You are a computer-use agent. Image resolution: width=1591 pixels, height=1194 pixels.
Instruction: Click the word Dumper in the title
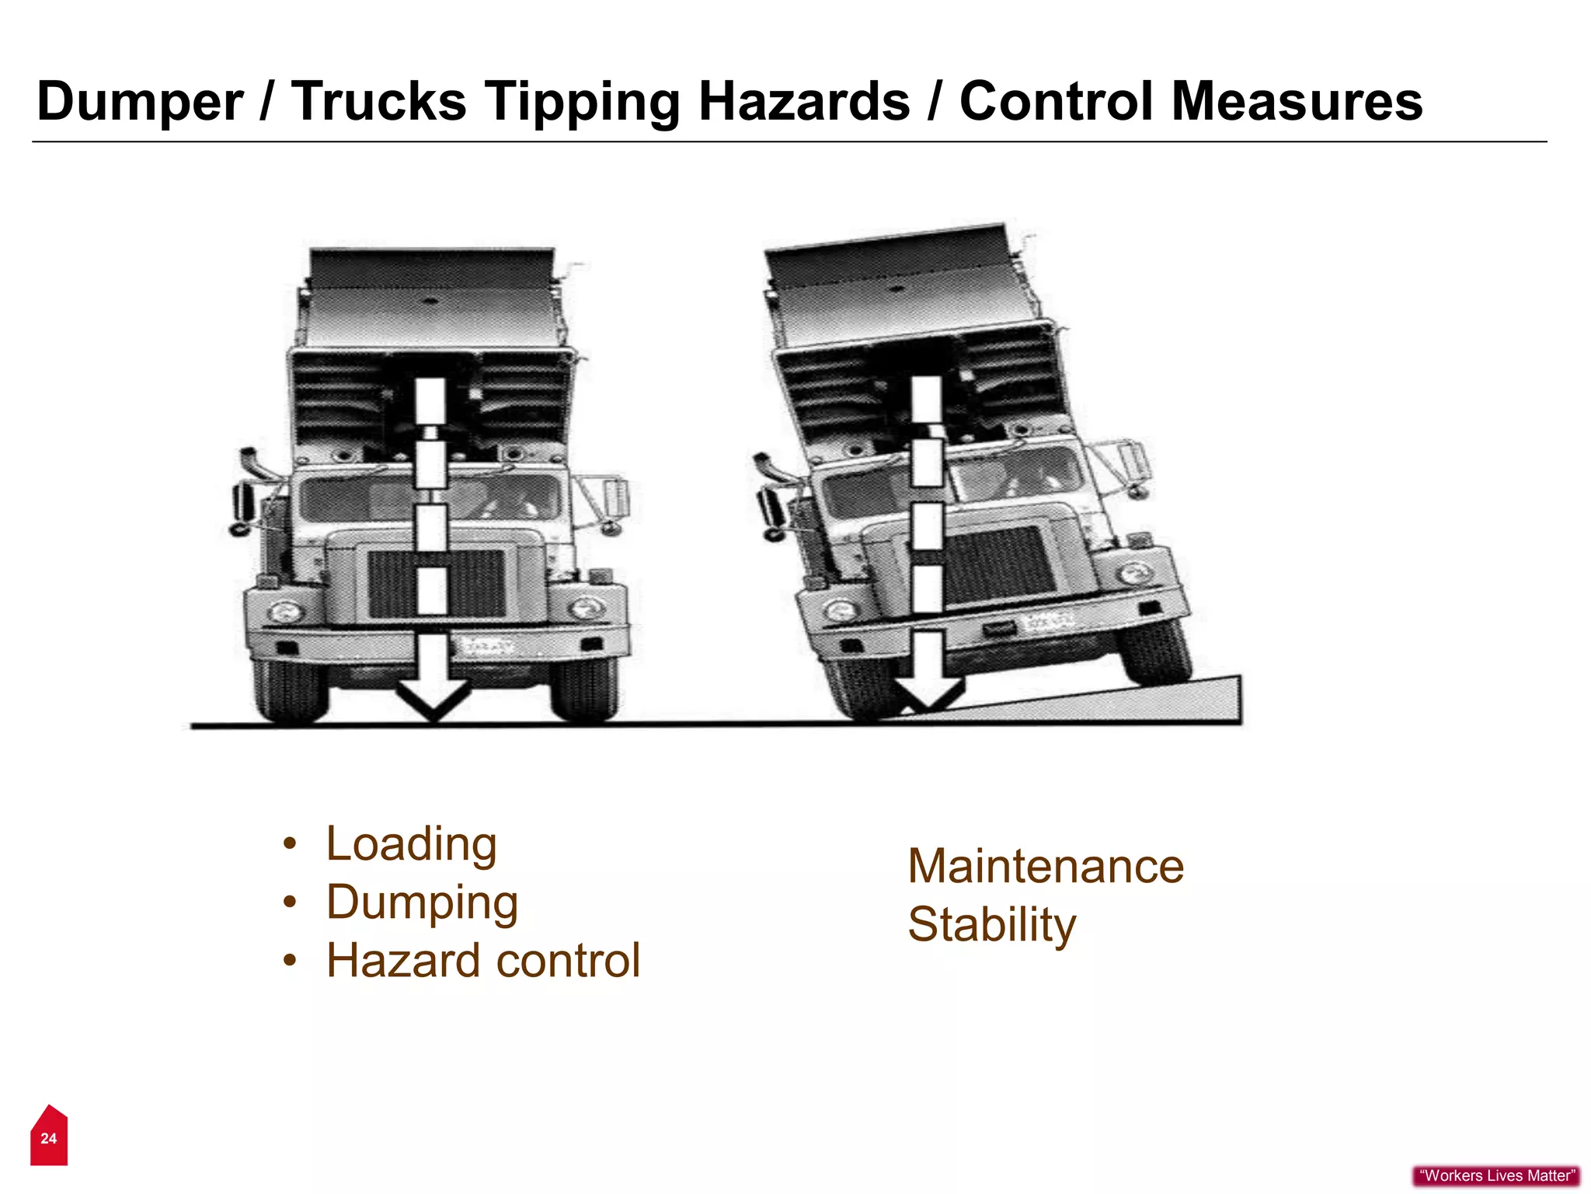[x=140, y=103]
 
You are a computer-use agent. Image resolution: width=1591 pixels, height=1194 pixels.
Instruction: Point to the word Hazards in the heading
[x=803, y=101]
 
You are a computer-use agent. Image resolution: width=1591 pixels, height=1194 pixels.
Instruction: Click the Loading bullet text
[x=411, y=844]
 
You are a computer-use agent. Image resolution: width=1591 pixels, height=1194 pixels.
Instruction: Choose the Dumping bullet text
[x=422, y=903]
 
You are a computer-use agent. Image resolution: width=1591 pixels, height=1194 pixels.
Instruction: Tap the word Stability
[x=991, y=925]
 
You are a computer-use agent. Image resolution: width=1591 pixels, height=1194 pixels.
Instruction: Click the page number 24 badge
[x=49, y=1138]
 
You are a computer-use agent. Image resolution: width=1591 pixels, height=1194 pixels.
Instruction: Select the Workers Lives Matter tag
[x=1496, y=1175]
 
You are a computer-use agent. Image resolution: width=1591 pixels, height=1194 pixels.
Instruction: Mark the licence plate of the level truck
[x=488, y=645]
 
